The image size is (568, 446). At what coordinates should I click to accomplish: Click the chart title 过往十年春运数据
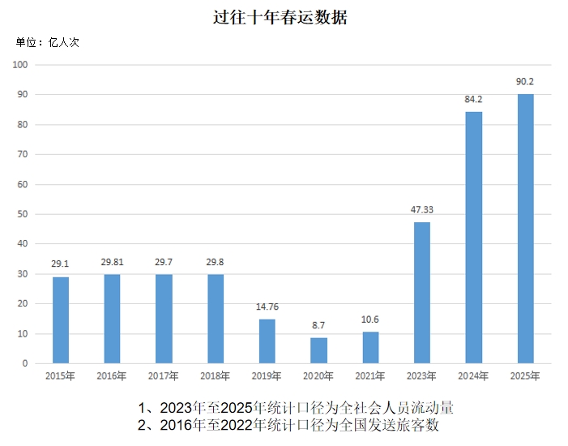tap(280, 16)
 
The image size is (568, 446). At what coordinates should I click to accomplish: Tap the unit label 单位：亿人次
tap(48, 42)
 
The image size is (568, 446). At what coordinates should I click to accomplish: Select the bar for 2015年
tap(61, 320)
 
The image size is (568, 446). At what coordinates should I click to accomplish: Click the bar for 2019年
tap(267, 341)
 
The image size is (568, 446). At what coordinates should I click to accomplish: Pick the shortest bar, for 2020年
tap(319, 350)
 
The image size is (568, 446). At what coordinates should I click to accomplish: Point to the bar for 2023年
tap(422, 293)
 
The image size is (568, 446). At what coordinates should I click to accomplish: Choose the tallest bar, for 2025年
tap(526, 229)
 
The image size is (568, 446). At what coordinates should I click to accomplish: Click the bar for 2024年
tap(474, 238)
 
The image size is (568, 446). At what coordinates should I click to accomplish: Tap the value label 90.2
tap(525, 82)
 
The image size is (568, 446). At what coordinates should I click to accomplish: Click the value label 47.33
tap(422, 210)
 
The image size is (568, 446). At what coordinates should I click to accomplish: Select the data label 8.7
tap(319, 326)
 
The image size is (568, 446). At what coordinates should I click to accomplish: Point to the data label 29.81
tap(113, 262)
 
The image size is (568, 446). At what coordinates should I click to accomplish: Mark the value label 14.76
tap(267, 307)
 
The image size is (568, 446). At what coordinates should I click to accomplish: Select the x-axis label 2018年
tap(216, 376)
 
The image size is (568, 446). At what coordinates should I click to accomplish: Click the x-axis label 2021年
tap(370, 376)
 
